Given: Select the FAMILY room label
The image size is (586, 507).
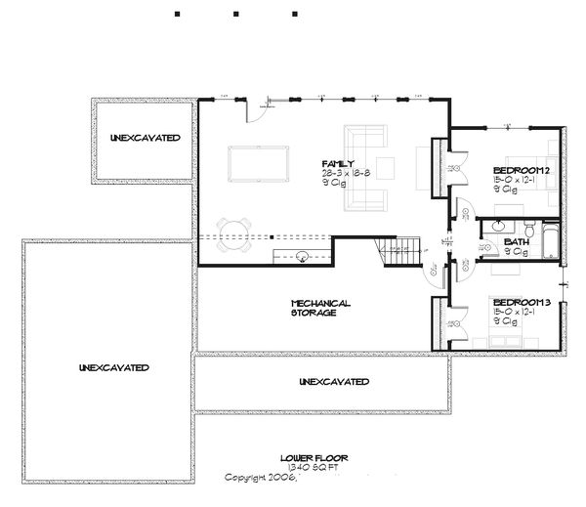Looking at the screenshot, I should click(337, 163).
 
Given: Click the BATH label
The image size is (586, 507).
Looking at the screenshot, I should click(517, 242).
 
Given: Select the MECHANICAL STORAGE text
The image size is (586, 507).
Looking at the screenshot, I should click(320, 308).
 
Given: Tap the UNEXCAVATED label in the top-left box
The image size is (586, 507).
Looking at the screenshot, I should click(145, 138).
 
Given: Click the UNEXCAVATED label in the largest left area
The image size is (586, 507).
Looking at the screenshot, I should click(115, 367).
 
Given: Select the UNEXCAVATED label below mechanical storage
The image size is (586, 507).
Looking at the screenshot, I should click(333, 380).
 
